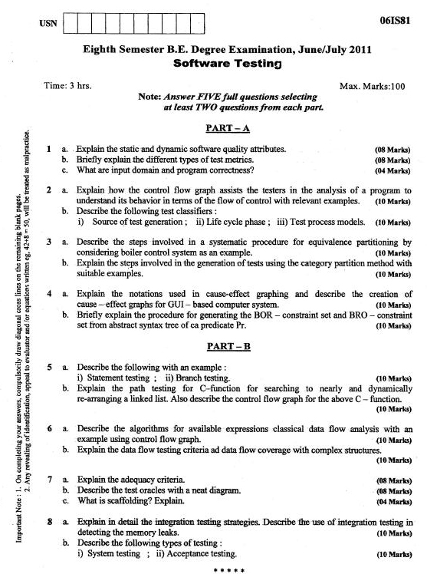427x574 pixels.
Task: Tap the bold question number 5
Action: click(x=48, y=367)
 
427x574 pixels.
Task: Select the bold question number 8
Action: click(x=48, y=521)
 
